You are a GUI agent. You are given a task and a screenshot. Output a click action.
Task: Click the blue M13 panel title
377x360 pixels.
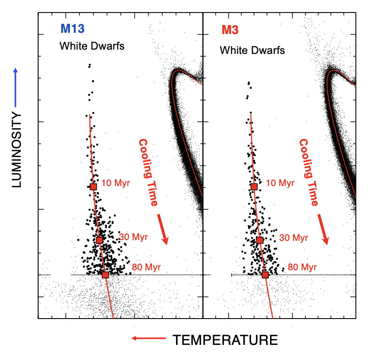(x=72, y=29)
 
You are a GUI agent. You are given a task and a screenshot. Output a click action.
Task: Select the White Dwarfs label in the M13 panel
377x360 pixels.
(x=92, y=46)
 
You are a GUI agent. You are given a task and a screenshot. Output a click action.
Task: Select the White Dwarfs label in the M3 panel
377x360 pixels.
(x=252, y=51)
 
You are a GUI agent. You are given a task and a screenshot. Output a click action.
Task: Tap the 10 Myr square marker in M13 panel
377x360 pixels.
(x=94, y=186)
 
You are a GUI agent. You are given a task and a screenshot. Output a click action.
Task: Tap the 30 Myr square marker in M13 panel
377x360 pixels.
(x=100, y=240)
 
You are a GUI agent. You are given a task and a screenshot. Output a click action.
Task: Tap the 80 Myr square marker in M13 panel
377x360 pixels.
(x=105, y=275)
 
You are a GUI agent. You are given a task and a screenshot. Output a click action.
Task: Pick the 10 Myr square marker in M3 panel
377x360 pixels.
(x=254, y=186)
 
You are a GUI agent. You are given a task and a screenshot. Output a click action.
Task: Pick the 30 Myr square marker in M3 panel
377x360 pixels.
(x=260, y=240)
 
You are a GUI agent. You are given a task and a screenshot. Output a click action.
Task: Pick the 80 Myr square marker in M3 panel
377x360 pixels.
(x=265, y=275)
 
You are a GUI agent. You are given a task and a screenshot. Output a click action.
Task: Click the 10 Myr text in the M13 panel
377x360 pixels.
(x=116, y=183)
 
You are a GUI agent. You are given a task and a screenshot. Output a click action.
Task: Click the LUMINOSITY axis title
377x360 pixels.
(x=16, y=150)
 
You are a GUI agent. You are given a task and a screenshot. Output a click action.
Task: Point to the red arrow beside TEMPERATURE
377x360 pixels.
(x=148, y=339)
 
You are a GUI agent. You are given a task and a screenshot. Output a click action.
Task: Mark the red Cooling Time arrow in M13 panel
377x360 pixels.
(x=163, y=229)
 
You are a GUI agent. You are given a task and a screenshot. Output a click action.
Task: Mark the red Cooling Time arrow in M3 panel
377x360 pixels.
(x=324, y=229)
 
